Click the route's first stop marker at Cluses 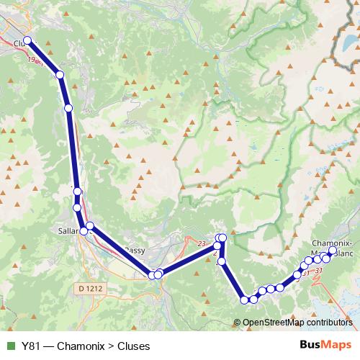(27, 41)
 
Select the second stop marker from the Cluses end (60, 74)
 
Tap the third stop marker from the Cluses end (68, 108)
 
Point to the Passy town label (136, 251)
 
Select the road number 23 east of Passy (190, 243)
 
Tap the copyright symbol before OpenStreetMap (238, 323)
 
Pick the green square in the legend (10, 346)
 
